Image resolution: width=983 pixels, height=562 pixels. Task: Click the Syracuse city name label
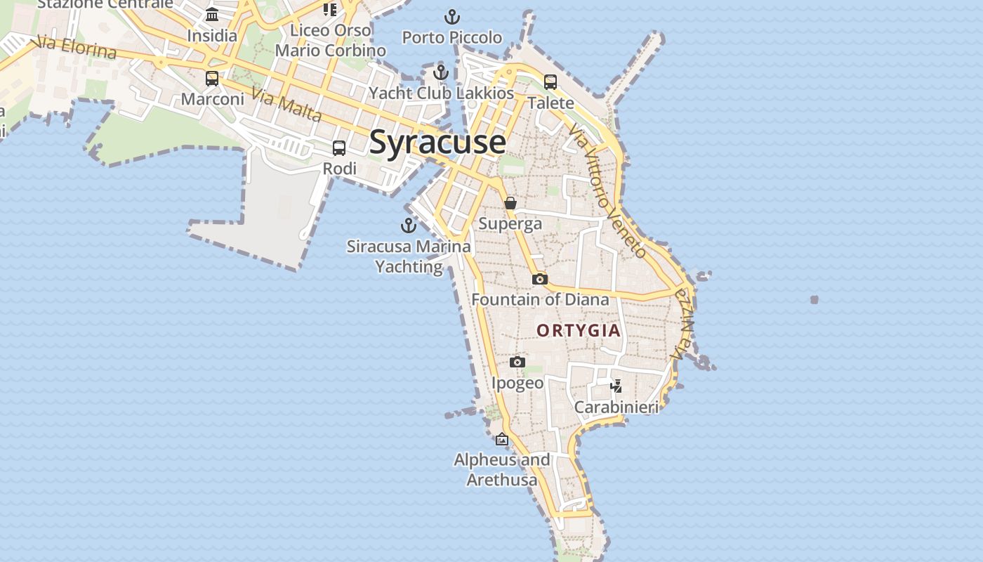[x=437, y=142]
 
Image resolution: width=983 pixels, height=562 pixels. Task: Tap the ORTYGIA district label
[x=579, y=330]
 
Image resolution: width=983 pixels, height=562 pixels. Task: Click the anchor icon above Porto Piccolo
[x=452, y=17]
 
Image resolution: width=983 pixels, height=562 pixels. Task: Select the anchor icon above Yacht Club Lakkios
[x=441, y=72]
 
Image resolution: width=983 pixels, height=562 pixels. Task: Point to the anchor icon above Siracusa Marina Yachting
[x=408, y=226]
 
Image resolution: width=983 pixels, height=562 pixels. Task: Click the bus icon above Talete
[x=550, y=82]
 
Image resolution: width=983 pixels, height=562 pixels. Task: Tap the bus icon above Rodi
[x=339, y=148]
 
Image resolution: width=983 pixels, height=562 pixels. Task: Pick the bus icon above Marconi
[x=212, y=79]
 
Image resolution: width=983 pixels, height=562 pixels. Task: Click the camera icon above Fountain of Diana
[x=539, y=279]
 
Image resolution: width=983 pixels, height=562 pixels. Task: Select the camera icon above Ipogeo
[x=517, y=362]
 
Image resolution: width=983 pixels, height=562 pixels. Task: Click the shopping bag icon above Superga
[x=510, y=203]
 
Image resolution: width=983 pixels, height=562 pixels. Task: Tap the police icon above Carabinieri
[x=616, y=386]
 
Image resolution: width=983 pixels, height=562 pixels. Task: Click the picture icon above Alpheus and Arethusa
[x=502, y=440]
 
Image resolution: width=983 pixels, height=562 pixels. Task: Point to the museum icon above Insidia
[x=212, y=15]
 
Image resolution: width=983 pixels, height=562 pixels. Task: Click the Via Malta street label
[x=286, y=106]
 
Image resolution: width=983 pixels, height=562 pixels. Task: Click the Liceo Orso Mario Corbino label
[x=330, y=41]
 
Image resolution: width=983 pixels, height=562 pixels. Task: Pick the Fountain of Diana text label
[x=540, y=300]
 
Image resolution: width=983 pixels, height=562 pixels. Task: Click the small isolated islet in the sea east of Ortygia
[x=814, y=300]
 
